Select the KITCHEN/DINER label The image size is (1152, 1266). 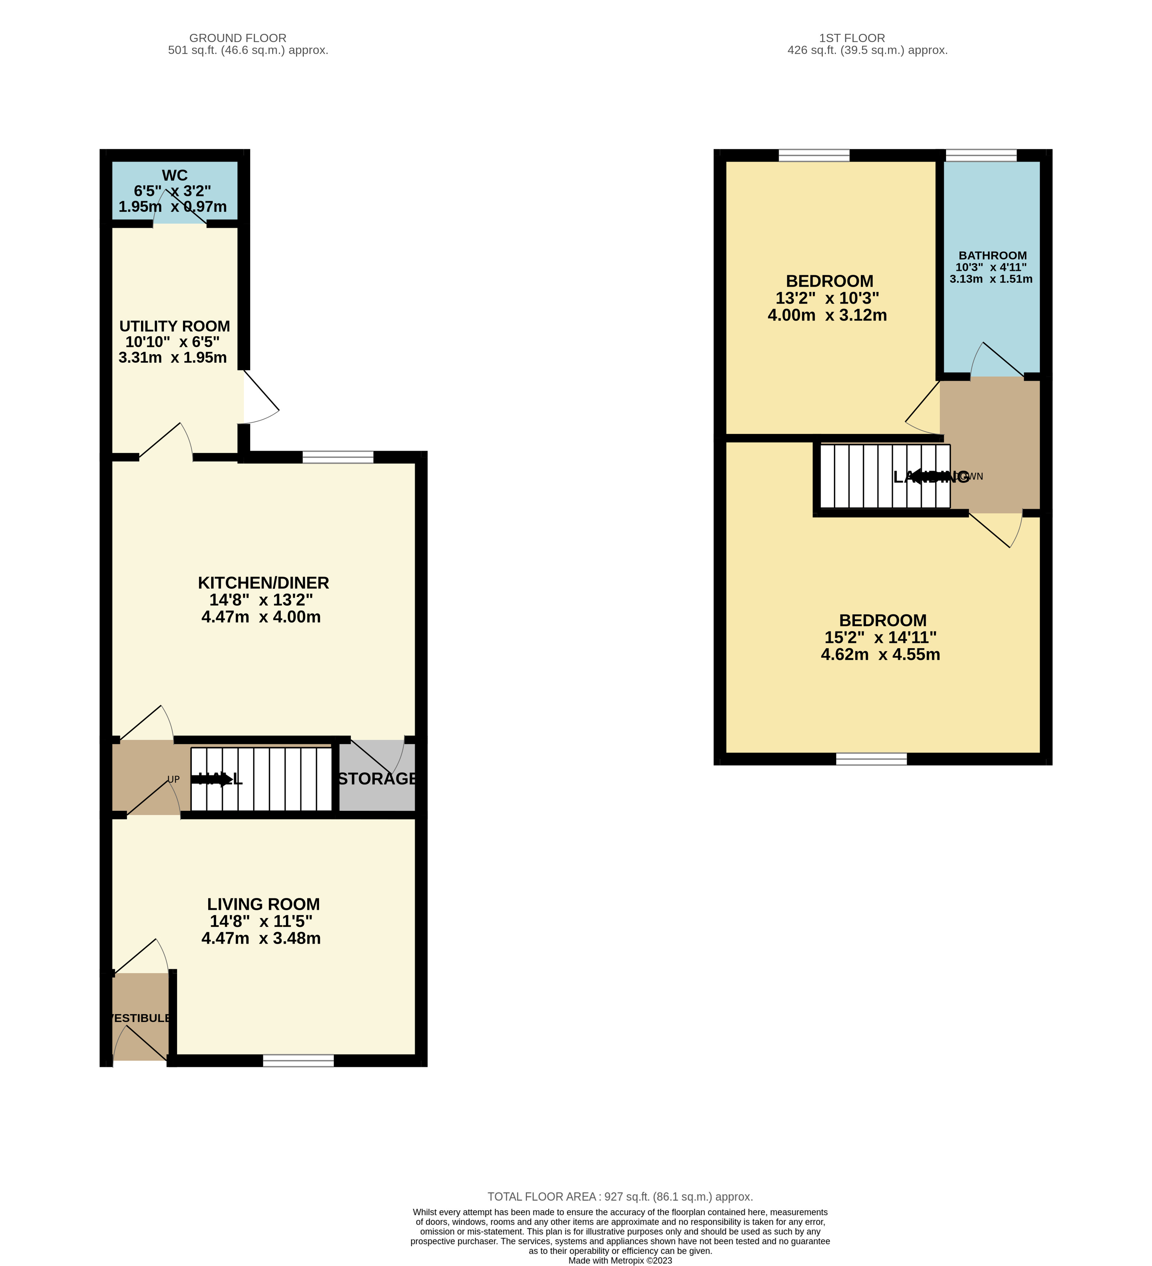[263, 583]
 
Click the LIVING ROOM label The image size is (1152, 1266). [263, 904]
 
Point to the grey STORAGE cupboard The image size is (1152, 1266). [377, 779]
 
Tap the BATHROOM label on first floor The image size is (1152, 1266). [992, 256]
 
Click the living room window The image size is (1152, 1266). [298, 1061]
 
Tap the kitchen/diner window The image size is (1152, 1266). [338, 457]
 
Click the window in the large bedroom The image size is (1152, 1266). [871, 759]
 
